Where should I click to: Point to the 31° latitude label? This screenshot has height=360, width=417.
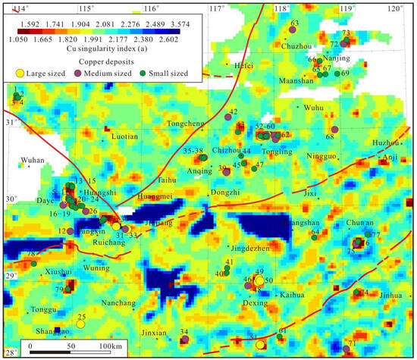pos(10,122)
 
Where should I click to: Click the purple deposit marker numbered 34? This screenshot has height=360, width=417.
pos(184,340)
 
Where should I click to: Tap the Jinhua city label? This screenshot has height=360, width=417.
pos(390,295)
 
